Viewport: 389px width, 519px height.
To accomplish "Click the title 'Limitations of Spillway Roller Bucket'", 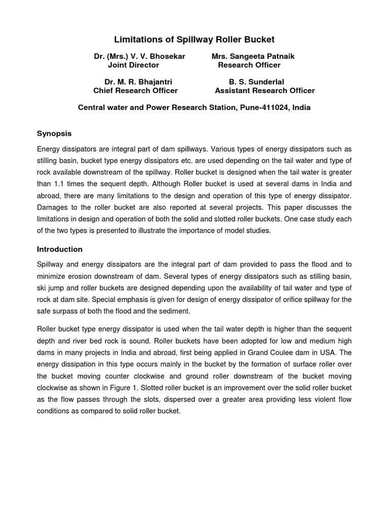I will point(194,40).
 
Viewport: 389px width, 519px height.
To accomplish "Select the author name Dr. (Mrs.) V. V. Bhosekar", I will point(139,57).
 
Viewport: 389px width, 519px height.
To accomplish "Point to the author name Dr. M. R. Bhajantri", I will point(141,82).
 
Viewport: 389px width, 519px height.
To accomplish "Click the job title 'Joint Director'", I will point(133,65).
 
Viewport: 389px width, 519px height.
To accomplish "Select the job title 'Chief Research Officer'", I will point(135,91).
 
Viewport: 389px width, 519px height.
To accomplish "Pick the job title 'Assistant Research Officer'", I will point(264,91).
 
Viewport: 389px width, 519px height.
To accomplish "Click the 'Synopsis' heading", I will point(54,134).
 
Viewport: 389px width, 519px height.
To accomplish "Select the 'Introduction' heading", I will point(59,249).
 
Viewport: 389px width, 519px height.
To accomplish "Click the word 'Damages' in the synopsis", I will point(53,208).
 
